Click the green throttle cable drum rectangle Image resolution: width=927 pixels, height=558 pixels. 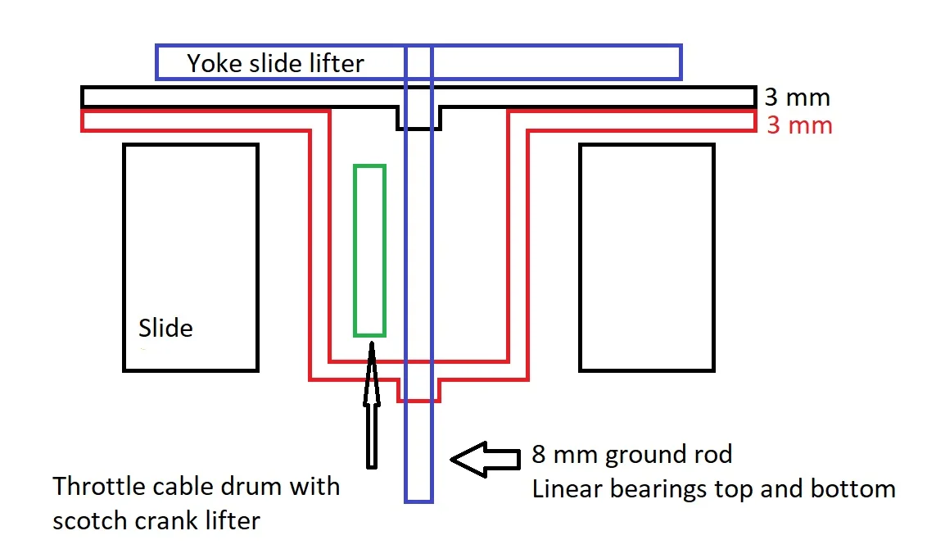(369, 251)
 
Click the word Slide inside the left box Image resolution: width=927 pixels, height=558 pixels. (165, 329)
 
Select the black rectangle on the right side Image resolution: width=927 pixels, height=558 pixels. (646, 257)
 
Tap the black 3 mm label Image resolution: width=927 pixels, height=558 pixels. (797, 98)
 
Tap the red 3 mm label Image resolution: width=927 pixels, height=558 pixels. (799, 126)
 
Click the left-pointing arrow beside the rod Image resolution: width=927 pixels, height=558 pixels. (486, 461)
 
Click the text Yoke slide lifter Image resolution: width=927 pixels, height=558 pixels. (275, 64)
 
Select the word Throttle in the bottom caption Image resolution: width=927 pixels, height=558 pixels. (100, 487)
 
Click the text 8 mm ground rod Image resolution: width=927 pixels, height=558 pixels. (631, 455)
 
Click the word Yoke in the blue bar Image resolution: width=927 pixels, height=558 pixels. (210, 64)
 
